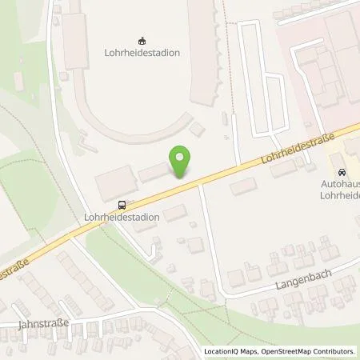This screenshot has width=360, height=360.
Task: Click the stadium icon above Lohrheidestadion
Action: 142,41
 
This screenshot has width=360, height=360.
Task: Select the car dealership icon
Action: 342,173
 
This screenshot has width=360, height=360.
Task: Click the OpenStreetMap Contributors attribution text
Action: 309,351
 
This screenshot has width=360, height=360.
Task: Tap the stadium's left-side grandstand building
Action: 77,40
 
